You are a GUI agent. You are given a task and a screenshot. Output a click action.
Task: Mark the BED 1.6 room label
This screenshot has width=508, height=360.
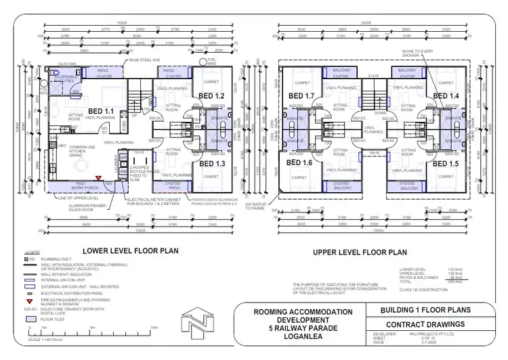click(x=299, y=163)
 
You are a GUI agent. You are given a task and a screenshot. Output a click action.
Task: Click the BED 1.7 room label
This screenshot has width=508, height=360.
click(x=301, y=96)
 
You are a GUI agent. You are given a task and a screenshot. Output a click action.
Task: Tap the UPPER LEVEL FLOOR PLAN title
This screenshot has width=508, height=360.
click(x=359, y=252)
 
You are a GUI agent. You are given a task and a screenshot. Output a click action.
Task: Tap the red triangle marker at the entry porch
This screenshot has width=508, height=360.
click(x=98, y=179)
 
